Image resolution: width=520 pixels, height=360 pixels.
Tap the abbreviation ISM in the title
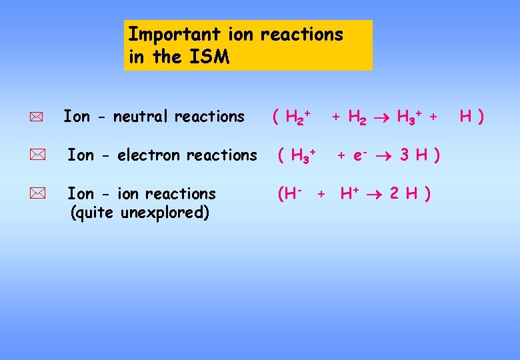click(209, 57)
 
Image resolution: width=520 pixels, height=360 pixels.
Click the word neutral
click(141, 117)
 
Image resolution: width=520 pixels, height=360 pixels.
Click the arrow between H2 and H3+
click(381, 117)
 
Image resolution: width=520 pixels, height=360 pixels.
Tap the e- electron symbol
click(359, 155)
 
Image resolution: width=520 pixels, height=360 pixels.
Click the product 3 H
click(413, 155)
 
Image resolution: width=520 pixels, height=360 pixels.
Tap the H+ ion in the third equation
click(350, 193)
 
